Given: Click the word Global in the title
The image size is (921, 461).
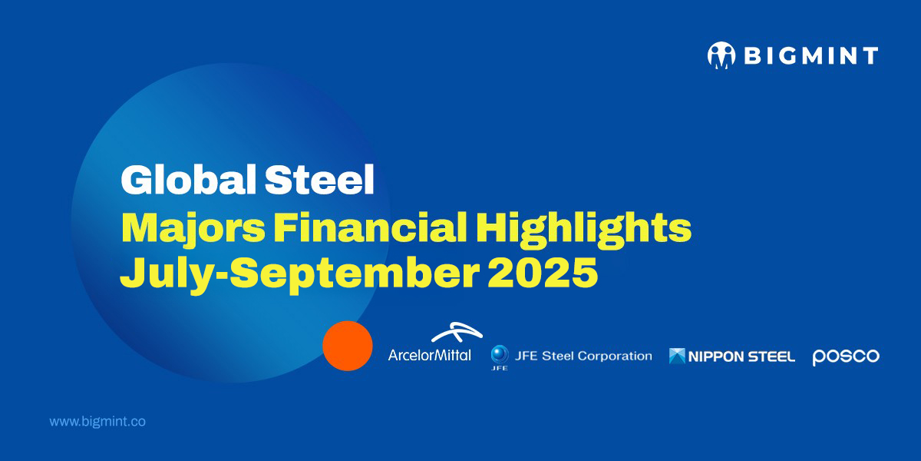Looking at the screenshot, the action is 188,180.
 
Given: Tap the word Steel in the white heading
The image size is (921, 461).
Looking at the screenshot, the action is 319,180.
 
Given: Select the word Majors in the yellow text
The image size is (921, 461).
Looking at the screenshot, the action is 193,230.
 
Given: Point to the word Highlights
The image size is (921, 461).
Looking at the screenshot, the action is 583,230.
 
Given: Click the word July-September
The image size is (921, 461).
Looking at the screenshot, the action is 299,275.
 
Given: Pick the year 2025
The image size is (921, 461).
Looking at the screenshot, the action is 543,273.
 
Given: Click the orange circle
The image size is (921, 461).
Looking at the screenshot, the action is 348,346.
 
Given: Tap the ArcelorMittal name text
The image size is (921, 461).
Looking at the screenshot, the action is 430,355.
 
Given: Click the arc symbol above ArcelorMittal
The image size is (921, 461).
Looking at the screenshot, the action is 457,332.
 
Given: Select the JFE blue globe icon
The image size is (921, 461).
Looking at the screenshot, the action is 500,354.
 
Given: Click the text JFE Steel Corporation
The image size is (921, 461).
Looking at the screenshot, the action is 583,356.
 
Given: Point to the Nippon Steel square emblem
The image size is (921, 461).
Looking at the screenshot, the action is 677,356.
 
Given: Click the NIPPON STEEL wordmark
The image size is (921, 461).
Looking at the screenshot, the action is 741,357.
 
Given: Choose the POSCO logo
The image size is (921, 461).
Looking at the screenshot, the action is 846,357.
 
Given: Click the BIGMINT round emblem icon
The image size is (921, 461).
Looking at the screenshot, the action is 721,55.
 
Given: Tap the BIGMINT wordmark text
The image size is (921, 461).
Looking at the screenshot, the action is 811,55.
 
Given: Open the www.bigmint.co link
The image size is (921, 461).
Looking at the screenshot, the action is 97,422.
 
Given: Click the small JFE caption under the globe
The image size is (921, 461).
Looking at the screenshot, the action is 499,368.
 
